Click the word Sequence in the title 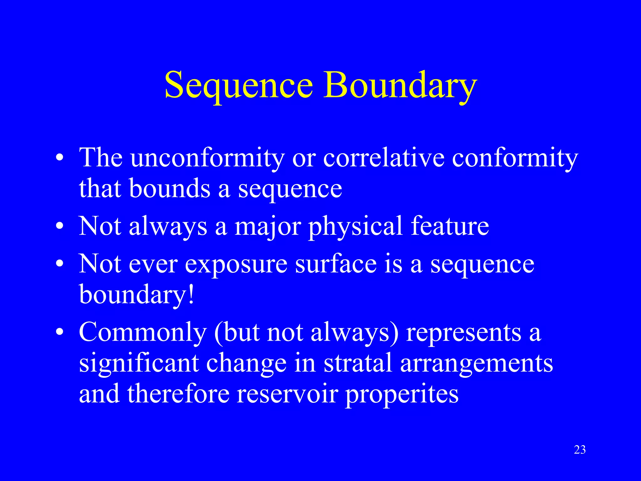[238, 85]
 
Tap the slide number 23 [580, 450]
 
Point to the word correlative [384, 157]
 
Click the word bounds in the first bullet [170, 189]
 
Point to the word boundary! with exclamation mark [136, 294]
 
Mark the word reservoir [287, 394]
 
